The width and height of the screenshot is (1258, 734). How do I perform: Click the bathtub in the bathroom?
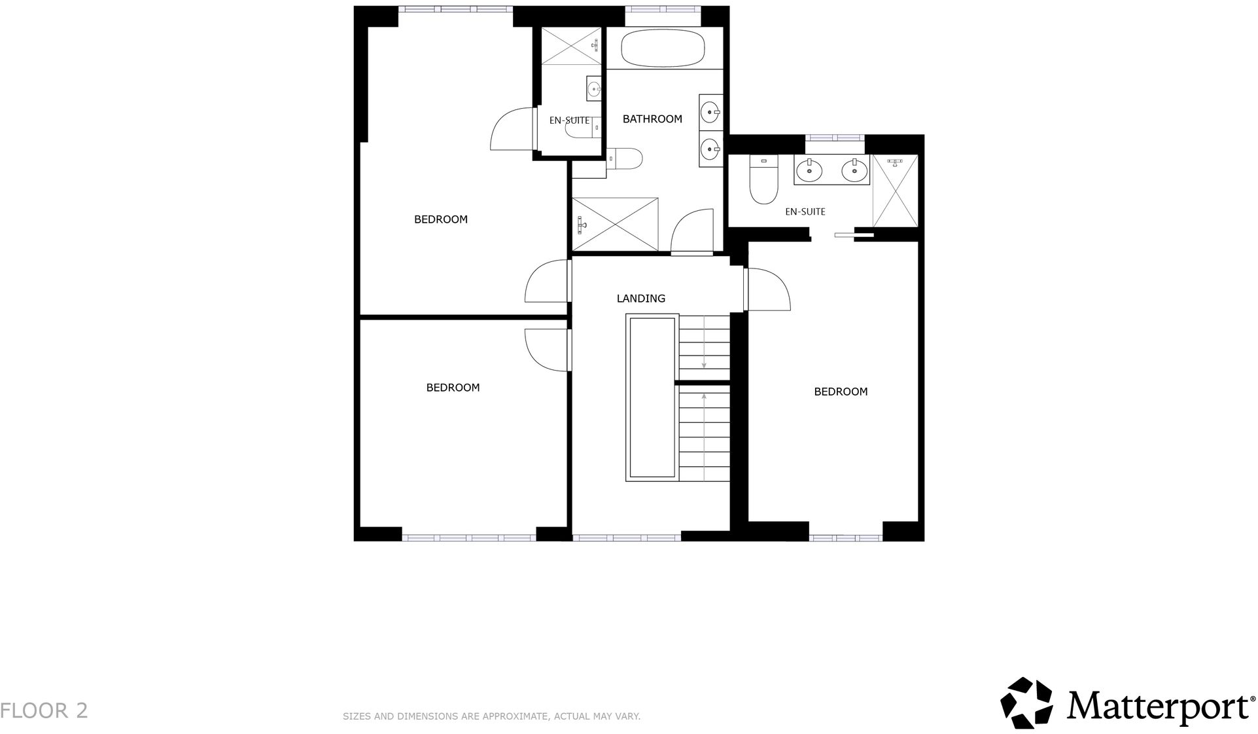(663, 48)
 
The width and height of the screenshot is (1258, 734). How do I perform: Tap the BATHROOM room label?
(652, 119)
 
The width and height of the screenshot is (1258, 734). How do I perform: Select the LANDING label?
(641, 299)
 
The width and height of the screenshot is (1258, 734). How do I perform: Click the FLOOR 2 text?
(44, 710)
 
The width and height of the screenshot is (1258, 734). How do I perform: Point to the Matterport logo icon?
(1026, 703)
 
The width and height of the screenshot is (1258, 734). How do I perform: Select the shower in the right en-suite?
(895, 191)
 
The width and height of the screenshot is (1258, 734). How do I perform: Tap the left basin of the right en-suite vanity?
(810, 171)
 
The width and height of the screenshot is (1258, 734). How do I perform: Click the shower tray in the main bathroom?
(615, 224)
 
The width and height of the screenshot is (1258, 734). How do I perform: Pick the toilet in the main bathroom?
(625, 158)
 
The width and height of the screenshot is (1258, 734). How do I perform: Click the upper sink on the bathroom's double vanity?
(710, 113)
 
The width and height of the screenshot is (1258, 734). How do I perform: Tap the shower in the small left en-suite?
(571, 46)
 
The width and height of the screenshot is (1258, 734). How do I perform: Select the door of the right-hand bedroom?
(769, 289)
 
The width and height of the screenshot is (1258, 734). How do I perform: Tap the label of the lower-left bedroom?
(453, 388)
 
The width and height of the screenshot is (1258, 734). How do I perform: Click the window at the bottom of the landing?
(627, 538)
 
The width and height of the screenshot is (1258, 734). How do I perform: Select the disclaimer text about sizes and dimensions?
(491, 716)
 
